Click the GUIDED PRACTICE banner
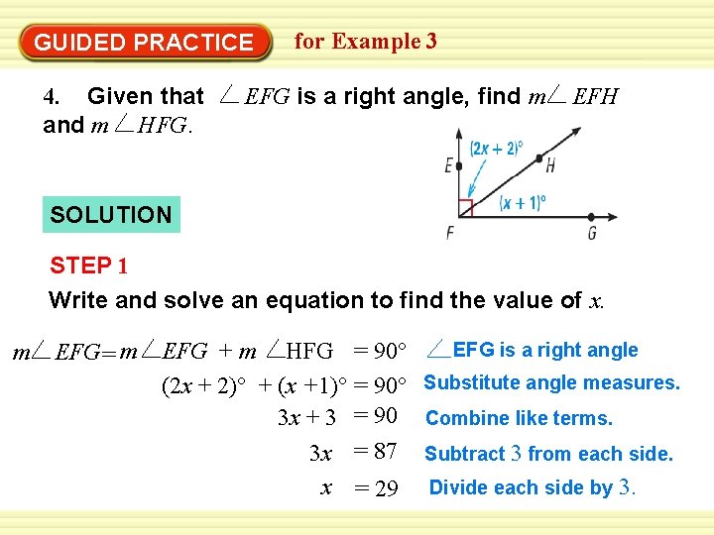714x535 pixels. pyautogui.click(x=144, y=43)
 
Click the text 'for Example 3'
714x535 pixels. pyautogui.click(x=365, y=42)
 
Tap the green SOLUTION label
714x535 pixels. pyautogui.click(x=111, y=214)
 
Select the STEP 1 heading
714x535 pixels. pyautogui.click(x=89, y=266)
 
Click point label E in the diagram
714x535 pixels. pyautogui.click(x=449, y=165)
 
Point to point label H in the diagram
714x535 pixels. pyautogui.click(x=549, y=165)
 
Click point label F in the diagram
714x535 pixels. pyautogui.click(x=450, y=234)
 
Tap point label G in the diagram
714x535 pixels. pyautogui.click(x=592, y=234)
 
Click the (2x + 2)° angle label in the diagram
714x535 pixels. pyautogui.click(x=496, y=149)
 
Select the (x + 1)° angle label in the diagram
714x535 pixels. pyautogui.click(x=523, y=202)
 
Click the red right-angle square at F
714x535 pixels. pyautogui.click(x=465, y=208)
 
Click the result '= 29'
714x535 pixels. pyautogui.click(x=376, y=488)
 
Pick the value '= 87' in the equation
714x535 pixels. pyautogui.click(x=376, y=452)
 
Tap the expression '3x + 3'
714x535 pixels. pyautogui.click(x=307, y=418)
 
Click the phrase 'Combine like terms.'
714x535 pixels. pyautogui.click(x=519, y=418)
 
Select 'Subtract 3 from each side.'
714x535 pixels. pyautogui.click(x=548, y=454)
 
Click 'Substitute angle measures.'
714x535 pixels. pyautogui.click(x=552, y=382)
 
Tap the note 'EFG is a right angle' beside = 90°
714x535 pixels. pyautogui.click(x=544, y=350)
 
